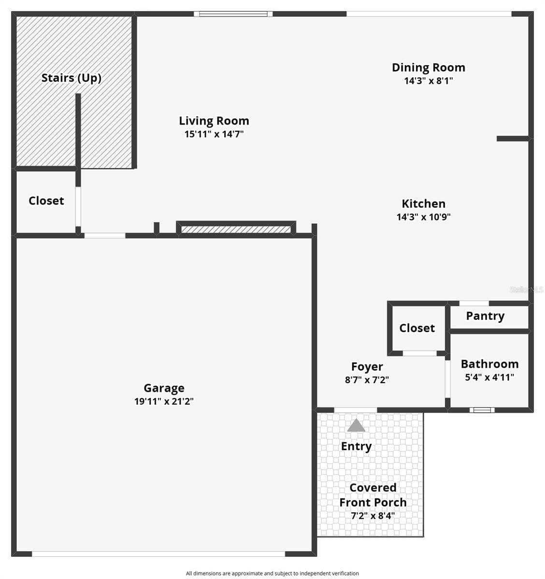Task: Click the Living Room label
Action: click(x=214, y=121)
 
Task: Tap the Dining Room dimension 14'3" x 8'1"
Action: click(x=428, y=81)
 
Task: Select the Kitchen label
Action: click(x=424, y=204)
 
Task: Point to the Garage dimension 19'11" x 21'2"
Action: click(x=164, y=401)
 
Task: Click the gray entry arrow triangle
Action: click(x=356, y=426)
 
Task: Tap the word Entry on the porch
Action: click(x=356, y=446)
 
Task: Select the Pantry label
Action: click(x=485, y=316)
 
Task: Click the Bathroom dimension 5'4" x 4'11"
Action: click(x=489, y=377)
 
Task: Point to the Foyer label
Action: click(x=367, y=367)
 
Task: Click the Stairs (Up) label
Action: click(x=71, y=78)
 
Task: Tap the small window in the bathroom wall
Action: click(x=482, y=410)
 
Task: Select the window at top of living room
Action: click(x=233, y=14)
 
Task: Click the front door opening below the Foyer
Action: click(x=356, y=410)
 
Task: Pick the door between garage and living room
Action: click(x=105, y=235)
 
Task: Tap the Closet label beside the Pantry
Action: click(x=417, y=328)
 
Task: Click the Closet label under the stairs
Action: click(x=46, y=201)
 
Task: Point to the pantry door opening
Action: click(x=474, y=303)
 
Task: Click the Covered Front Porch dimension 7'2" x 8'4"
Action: click(x=373, y=516)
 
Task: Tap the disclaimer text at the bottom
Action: click(x=272, y=574)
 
